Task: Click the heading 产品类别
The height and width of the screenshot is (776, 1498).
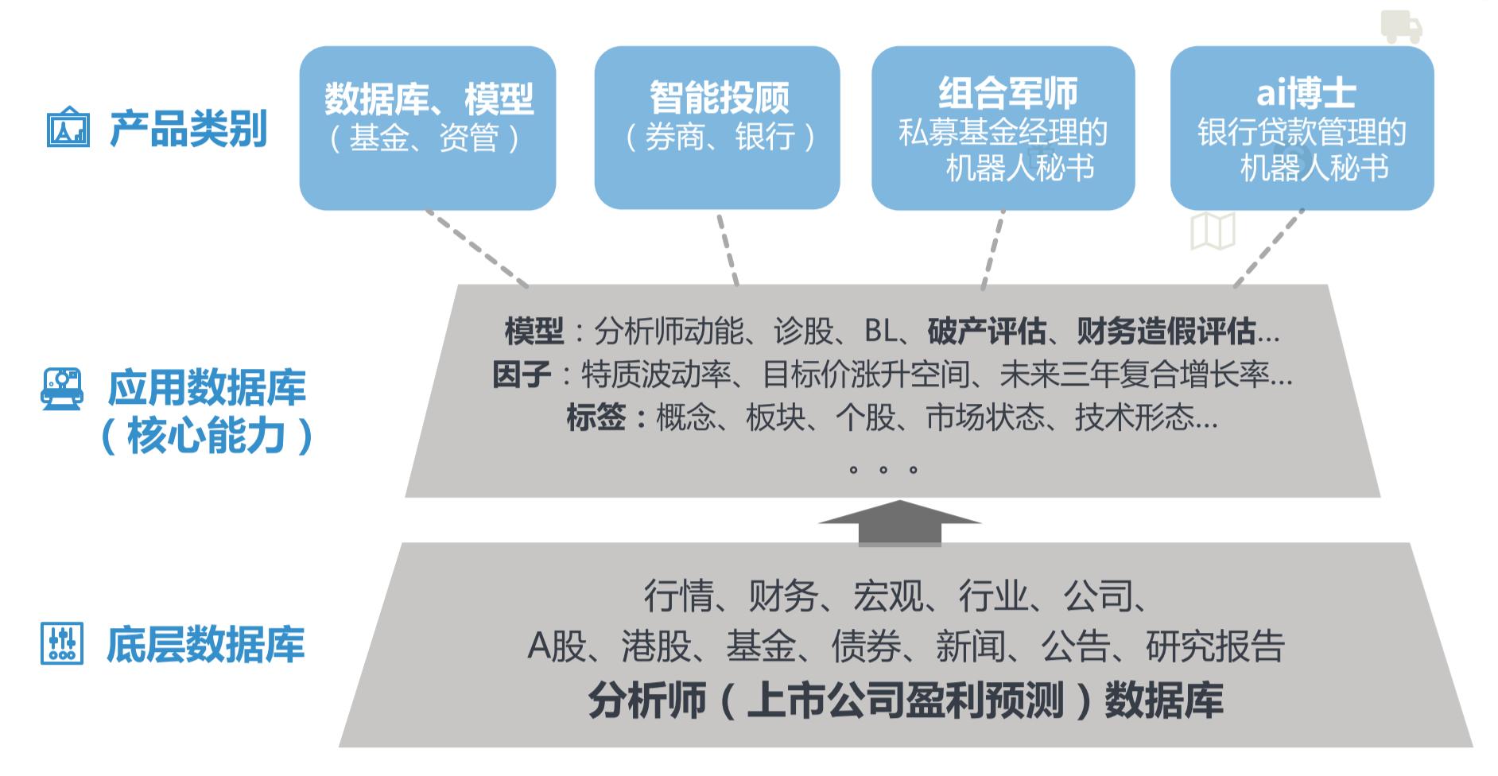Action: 188,128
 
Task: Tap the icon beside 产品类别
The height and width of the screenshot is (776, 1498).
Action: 68,127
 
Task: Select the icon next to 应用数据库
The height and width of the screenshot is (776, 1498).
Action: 62,389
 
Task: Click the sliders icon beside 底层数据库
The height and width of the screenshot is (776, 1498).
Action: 61,644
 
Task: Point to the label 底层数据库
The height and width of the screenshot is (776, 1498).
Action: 205,645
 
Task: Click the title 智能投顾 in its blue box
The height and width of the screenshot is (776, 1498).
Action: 719,98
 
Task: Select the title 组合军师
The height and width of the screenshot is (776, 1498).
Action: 1007,93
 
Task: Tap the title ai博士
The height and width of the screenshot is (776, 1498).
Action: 1306,93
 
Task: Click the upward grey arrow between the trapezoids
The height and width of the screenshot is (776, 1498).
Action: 900,523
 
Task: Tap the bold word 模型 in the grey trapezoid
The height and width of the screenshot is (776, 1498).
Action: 534,331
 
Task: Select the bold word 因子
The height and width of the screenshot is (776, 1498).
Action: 522,374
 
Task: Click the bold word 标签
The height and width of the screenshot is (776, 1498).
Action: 596,417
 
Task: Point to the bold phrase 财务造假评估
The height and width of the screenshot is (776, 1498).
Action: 1166,331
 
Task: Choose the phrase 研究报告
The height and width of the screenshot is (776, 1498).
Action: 1215,646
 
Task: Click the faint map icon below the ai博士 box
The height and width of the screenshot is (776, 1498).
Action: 1213,231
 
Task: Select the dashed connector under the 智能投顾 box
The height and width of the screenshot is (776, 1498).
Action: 728,248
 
